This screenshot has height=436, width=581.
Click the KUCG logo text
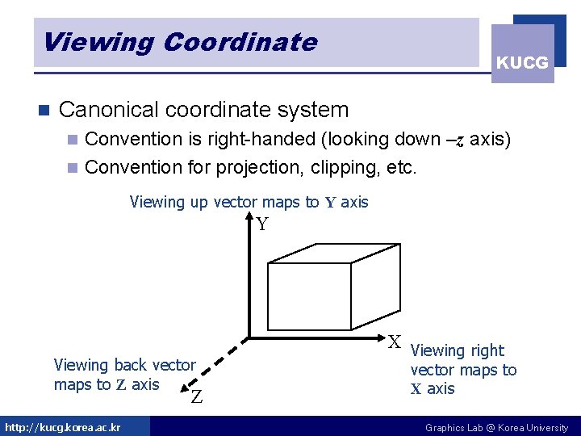point(522,62)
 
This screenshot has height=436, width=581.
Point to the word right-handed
point(261,139)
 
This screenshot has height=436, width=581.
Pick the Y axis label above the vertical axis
point(262,224)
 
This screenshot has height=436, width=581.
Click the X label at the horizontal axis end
point(395,342)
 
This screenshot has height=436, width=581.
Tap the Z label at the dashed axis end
point(196,396)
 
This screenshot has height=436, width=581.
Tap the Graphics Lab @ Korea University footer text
point(496,427)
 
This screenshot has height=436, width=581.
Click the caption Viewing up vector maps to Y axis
point(249,202)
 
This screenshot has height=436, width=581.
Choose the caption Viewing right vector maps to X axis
point(462,370)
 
